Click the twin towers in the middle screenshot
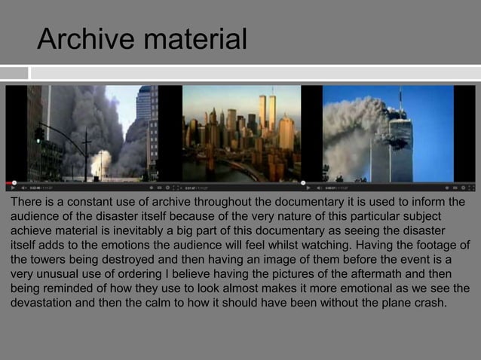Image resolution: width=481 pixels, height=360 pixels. point(267,113)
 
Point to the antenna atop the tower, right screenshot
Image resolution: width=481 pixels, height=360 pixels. point(400,100)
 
